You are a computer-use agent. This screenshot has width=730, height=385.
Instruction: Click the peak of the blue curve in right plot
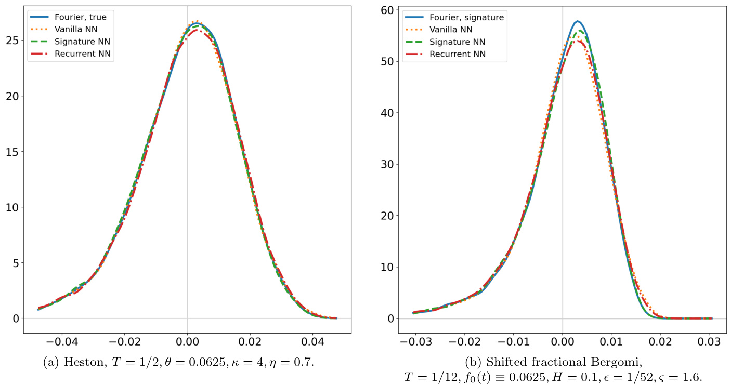(577, 21)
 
